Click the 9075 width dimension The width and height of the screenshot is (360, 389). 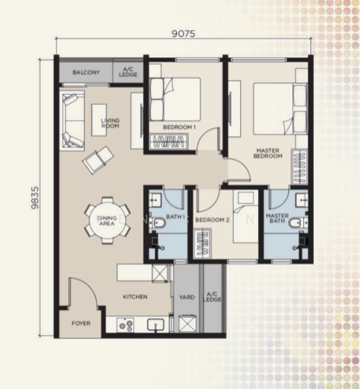[x=184, y=34]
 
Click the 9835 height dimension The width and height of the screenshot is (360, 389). [x=35, y=198]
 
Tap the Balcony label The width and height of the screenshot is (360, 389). [x=86, y=73]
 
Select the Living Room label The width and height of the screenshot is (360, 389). [x=110, y=123]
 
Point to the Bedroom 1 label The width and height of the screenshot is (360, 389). [x=179, y=127]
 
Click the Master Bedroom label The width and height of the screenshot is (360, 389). [x=268, y=153]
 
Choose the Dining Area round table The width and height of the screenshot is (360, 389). [x=107, y=220]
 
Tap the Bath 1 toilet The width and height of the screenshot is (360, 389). [x=158, y=222]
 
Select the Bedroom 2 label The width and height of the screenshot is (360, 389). [x=212, y=220]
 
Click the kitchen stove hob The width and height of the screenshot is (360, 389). [x=125, y=325]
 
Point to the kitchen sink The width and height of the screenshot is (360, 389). [x=156, y=325]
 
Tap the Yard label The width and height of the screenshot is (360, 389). [x=187, y=297]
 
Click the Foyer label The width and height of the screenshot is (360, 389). [x=81, y=324]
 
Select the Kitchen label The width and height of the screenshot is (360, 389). [x=136, y=296]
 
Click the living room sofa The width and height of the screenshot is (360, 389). [x=73, y=121]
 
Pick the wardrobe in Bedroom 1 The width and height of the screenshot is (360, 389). [x=169, y=141]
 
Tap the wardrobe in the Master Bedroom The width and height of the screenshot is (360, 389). [x=300, y=167]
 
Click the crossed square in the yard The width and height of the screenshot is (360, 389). [x=187, y=324]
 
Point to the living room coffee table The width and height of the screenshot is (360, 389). [x=99, y=120]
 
